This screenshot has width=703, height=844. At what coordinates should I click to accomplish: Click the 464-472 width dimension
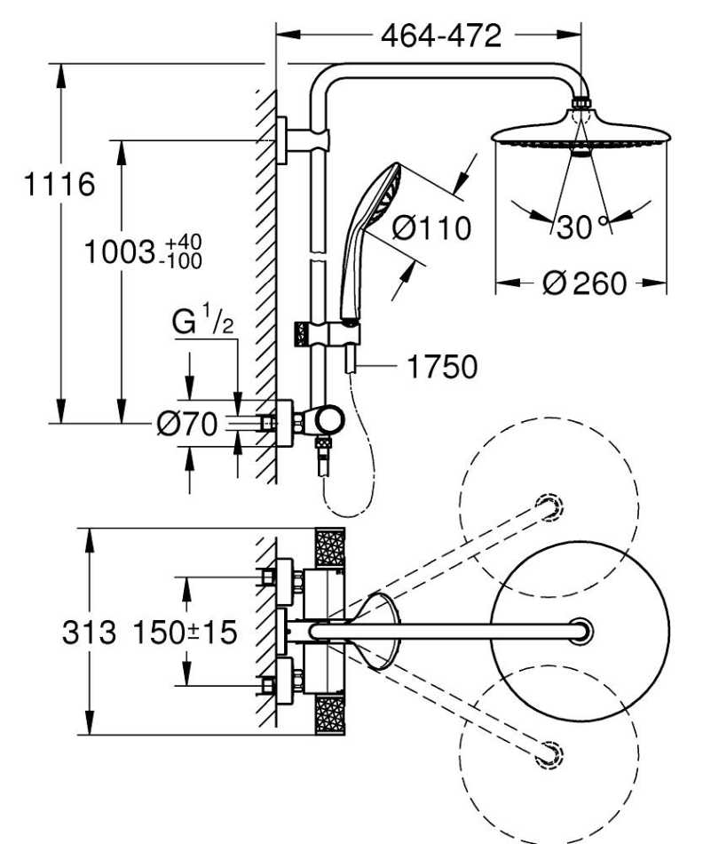pyautogui.click(x=440, y=36)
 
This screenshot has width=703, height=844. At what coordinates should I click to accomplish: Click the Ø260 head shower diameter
pyautogui.click(x=583, y=283)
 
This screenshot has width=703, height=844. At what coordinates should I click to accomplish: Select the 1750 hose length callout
pyautogui.click(x=440, y=365)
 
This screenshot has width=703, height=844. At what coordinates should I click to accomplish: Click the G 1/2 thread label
pyautogui.click(x=203, y=322)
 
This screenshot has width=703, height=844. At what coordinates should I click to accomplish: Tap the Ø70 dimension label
pyautogui.click(x=186, y=426)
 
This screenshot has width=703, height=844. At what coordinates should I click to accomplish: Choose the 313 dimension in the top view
pyautogui.click(x=89, y=633)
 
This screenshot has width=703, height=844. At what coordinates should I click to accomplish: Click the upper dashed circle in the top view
pyautogui.click(x=549, y=504)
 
